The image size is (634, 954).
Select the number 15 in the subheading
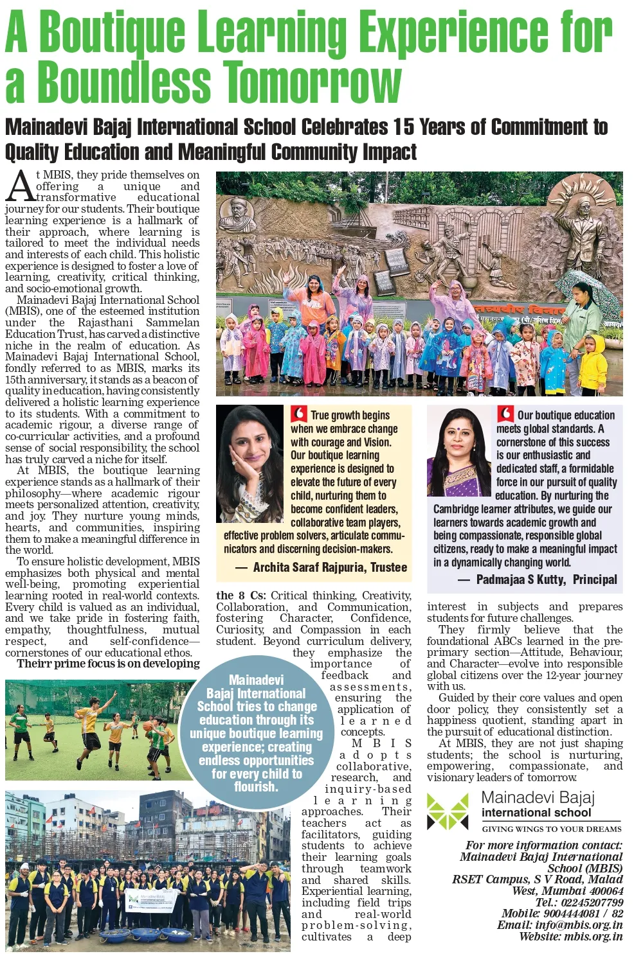click(404, 127)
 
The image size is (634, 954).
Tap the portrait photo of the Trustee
click(249, 463)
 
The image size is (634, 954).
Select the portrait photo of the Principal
click(458, 452)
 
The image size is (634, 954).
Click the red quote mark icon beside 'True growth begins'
click(298, 414)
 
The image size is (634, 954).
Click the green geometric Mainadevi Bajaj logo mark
click(448, 811)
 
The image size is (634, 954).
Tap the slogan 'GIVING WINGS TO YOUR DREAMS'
click(551, 829)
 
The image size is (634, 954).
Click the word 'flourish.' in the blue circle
click(256, 787)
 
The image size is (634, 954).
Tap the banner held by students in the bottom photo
click(150, 901)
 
